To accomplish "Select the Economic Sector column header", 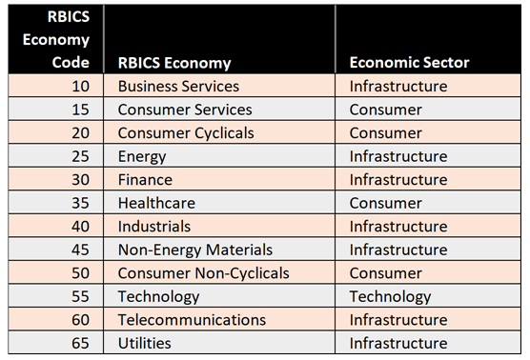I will coord(409,63).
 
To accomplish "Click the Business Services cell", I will coord(178,87).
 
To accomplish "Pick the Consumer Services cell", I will coord(184,110).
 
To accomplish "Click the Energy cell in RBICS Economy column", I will coord(142,156).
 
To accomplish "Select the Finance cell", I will coord(145,180).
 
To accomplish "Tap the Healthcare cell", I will coord(156,203).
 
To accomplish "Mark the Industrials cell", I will coord(153,227).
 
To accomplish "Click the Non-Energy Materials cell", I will coord(194,250).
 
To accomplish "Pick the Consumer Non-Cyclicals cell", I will coord(203,273).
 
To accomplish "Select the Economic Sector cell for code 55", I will coord(390,296).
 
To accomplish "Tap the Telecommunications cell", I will coord(192,320).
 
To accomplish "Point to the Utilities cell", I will coord(145,343).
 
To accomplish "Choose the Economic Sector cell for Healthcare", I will coord(385,203).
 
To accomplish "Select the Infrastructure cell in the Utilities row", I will coord(397,343).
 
